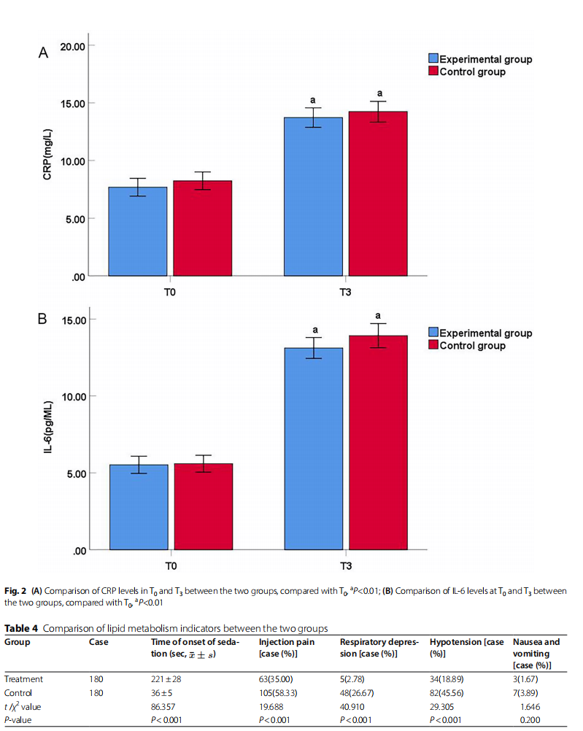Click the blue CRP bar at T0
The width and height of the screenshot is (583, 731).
138,231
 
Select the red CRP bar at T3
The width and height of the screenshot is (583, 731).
378,193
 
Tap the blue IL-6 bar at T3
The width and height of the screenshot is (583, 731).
314,449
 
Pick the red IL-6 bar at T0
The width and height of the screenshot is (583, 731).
204,506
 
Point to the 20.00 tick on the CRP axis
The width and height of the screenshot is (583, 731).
73,47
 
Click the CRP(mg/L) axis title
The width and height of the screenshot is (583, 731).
47,155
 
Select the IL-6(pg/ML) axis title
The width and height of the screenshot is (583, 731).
48,427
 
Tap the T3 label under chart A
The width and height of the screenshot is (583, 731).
345,293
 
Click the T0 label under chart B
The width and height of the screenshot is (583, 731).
171,566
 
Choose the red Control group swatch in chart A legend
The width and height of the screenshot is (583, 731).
433,71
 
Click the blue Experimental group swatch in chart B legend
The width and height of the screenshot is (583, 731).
433,332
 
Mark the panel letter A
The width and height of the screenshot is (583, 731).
43,53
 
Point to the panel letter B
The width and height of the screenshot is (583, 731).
42,319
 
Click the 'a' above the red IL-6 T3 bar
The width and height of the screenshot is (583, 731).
378,316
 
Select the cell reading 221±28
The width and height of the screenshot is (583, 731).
166,679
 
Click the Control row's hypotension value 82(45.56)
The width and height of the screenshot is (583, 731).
447,693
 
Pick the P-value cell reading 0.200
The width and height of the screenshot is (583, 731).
530,720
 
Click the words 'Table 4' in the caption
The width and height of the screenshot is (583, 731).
21,628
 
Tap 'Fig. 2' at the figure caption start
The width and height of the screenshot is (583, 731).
15,591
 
